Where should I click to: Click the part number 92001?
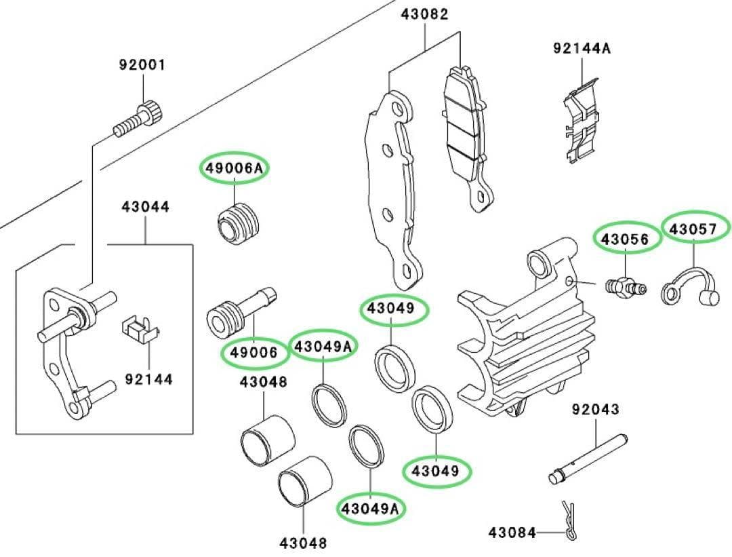tap(142, 66)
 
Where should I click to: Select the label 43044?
tap(146, 206)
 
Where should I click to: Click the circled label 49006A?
tap(234, 168)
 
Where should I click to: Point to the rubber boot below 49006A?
tap(238, 223)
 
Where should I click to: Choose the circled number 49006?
tap(254, 351)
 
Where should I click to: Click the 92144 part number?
tap(148, 379)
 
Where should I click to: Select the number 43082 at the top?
tap(425, 14)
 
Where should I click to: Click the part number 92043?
tap(595, 410)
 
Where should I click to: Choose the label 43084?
tap(512, 533)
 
